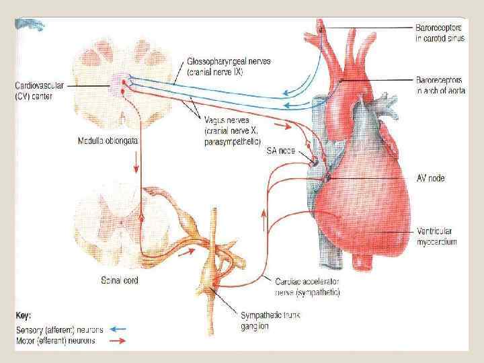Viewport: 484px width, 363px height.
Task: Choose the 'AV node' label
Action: coord(430,178)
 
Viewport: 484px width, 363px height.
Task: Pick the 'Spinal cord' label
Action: coord(120,280)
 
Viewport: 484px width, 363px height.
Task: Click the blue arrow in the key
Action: coord(118,330)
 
